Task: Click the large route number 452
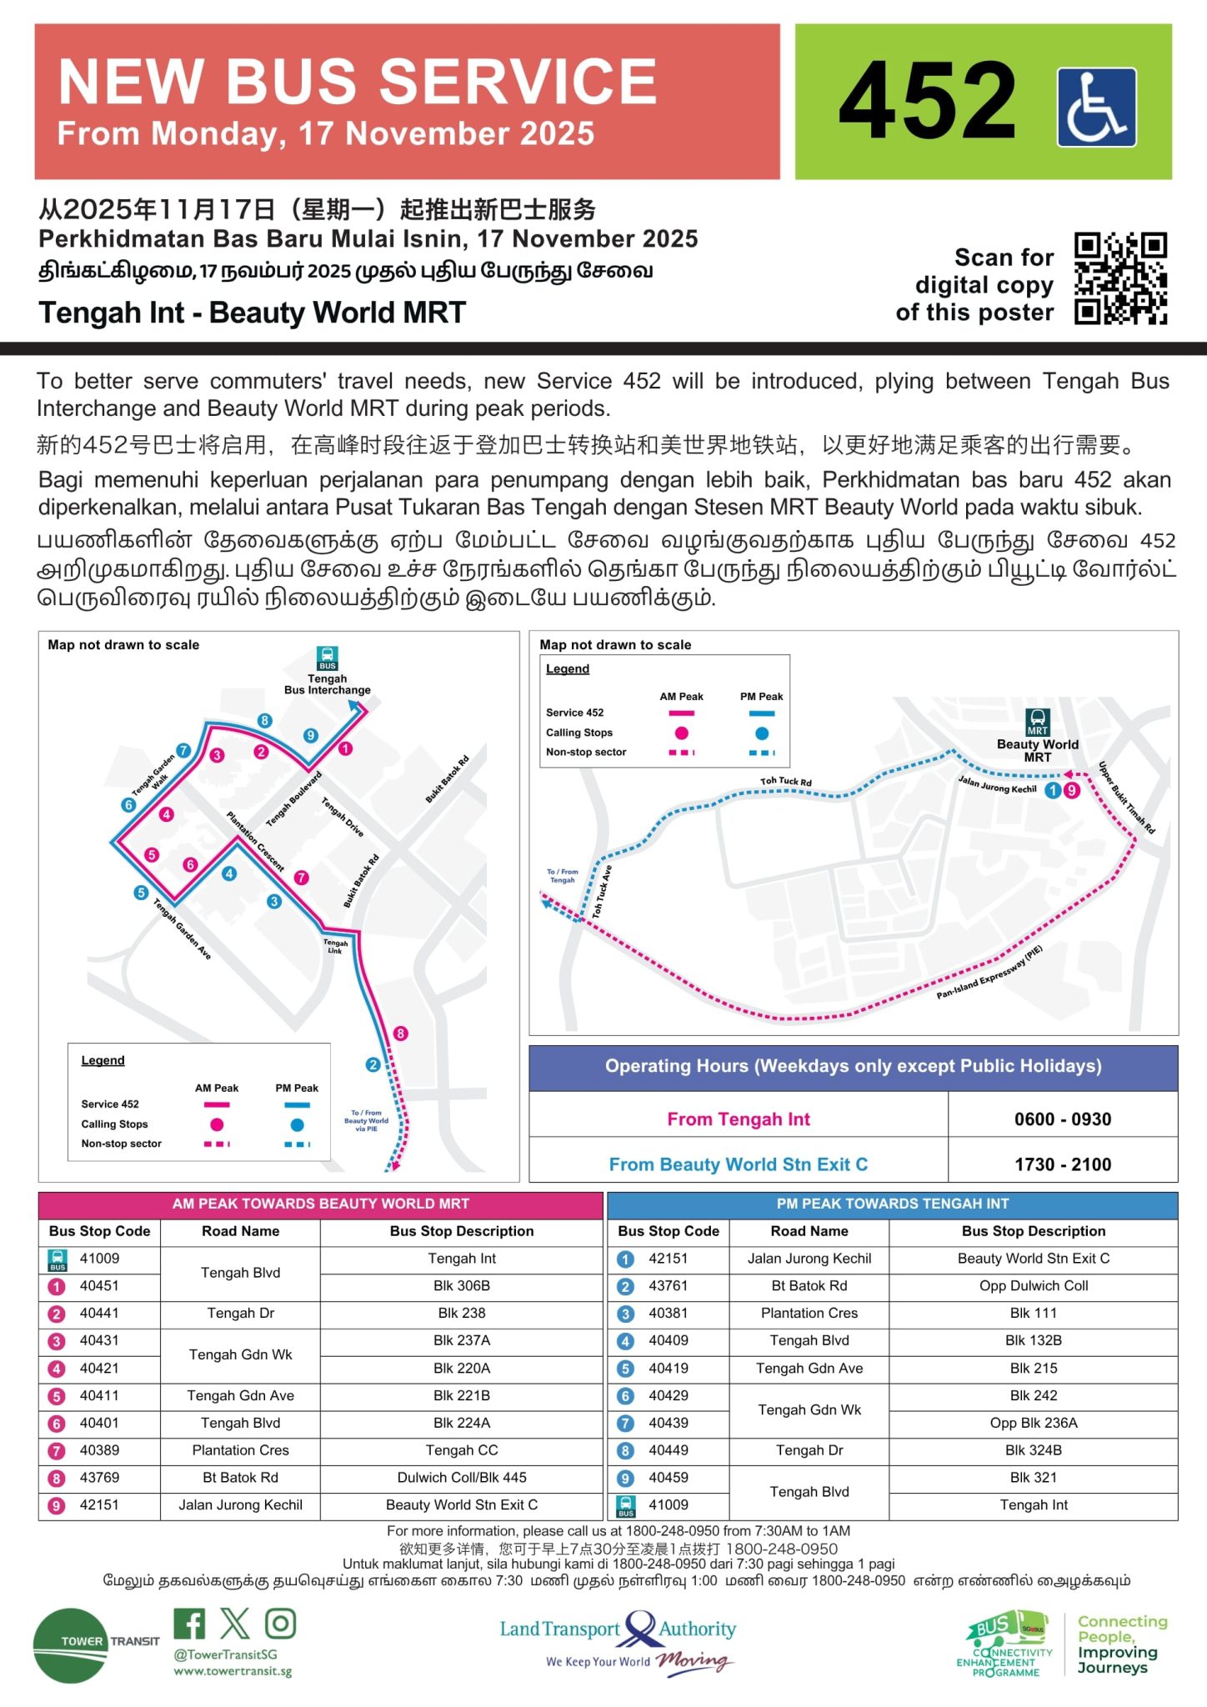(927, 102)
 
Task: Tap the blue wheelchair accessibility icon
(1096, 108)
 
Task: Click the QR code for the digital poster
(1120, 278)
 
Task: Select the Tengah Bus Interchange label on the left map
(327, 684)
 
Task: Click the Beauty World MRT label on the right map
(1037, 750)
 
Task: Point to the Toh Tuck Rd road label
(785, 782)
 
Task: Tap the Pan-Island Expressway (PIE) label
(989, 974)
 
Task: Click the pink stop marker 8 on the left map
(401, 1034)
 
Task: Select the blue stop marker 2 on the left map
(373, 1064)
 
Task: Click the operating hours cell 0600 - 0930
(1062, 1119)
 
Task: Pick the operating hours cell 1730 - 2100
(1062, 1164)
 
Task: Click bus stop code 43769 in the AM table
(99, 1478)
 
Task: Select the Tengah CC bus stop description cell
(461, 1450)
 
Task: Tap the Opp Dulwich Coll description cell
(1033, 1286)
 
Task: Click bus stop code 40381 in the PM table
(668, 1314)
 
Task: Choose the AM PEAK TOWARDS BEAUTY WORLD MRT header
(320, 1204)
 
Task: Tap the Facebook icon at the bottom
(190, 1624)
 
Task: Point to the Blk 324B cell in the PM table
(1033, 1450)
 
